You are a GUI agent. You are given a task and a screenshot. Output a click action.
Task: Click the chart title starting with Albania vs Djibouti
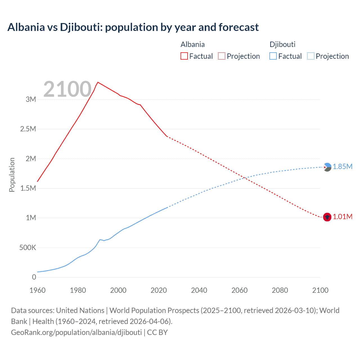[133, 27]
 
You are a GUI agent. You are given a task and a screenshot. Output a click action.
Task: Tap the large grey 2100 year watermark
[67, 89]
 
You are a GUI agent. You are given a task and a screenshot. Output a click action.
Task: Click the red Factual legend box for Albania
[184, 56]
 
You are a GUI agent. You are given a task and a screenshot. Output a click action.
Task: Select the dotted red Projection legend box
[222, 56]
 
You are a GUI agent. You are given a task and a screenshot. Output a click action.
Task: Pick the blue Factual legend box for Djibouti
[273, 56]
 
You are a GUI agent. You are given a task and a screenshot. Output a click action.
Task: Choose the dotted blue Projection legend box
[311, 56]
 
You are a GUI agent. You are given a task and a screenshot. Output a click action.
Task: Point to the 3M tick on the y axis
[31, 99]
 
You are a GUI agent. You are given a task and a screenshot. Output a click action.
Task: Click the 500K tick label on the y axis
[28, 248]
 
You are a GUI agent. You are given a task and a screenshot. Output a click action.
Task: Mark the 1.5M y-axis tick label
[28, 188]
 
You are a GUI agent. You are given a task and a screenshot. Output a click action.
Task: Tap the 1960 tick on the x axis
[37, 290]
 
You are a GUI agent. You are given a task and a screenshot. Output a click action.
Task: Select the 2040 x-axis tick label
[199, 290]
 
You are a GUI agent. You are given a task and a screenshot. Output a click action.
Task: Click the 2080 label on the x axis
[280, 290]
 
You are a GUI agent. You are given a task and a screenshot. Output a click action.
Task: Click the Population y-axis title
[12, 175]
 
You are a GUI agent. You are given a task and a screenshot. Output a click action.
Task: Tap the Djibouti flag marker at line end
[327, 167]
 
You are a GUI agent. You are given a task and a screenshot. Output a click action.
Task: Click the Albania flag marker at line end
[327, 217]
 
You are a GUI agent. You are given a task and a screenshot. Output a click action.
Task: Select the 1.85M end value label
[343, 167]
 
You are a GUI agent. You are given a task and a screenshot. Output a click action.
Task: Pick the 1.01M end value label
[343, 217]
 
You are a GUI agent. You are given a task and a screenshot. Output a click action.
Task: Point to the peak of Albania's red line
[98, 82]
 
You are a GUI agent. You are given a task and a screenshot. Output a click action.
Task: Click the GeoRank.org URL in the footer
[76, 332]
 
